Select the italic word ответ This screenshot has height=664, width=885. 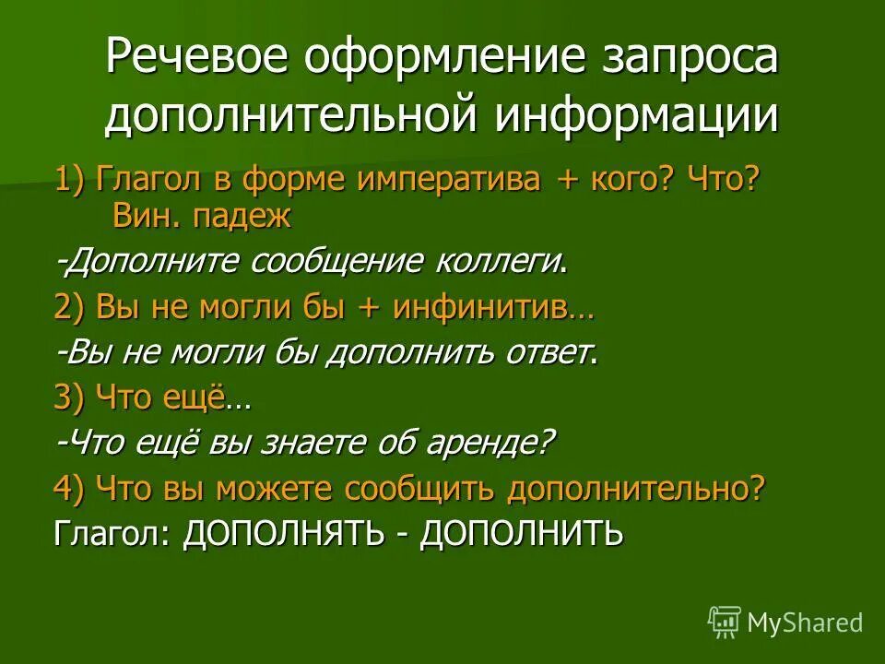pos(547,353)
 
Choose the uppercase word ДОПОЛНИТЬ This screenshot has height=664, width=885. pos(522,533)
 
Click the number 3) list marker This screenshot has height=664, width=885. pos(70,398)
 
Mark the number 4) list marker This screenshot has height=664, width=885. pos(70,488)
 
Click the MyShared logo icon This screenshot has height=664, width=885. pos(725,622)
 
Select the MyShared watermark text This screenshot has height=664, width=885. pos(805,623)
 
